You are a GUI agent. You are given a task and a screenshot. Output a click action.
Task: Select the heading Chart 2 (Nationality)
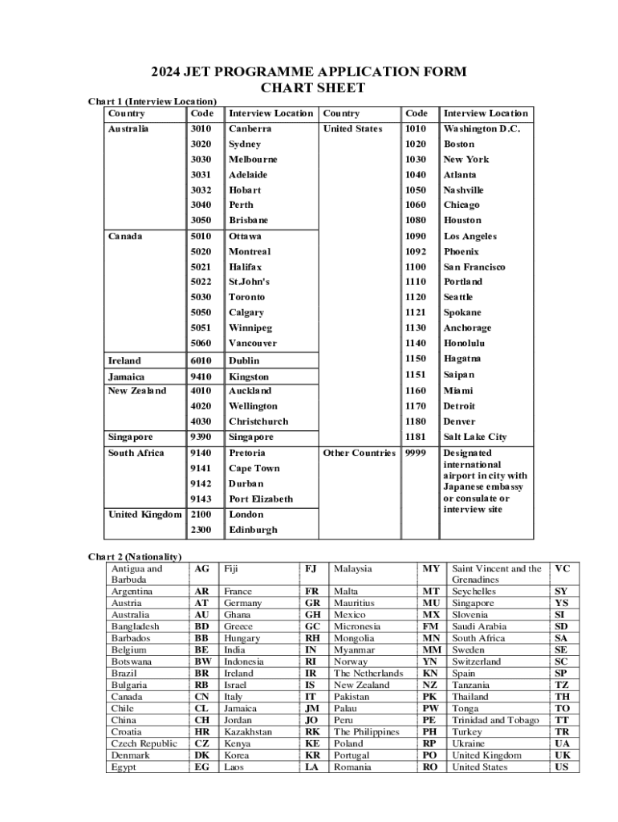coord(135,556)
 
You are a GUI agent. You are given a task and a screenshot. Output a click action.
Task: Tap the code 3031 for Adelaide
coord(201,174)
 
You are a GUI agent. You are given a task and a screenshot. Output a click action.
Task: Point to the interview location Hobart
coord(245,190)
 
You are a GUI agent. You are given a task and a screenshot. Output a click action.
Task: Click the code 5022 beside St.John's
coord(201,282)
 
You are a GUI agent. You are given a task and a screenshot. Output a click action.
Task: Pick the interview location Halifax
coord(246,267)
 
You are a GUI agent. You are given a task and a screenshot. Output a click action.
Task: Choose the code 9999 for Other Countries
coord(416,453)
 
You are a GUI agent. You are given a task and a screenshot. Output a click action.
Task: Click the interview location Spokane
coord(463,312)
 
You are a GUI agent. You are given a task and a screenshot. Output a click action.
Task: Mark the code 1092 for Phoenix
coord(416,251)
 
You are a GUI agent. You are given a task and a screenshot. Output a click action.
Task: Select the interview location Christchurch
coord(258,421)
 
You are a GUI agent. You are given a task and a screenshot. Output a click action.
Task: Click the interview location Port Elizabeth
coord(261,498)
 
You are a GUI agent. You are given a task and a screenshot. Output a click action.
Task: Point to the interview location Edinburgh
coord(253,530)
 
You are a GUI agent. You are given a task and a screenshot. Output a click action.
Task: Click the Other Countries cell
coord(359,453)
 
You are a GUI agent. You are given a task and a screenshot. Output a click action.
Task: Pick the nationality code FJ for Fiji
coord(311,568)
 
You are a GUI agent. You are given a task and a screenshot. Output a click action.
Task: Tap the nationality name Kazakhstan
coord(248,732)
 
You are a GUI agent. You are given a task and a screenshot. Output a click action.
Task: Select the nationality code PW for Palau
coord(430,709)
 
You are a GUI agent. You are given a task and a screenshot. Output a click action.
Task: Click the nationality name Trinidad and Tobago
coord(495,720)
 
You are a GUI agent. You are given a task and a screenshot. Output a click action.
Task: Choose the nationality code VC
coord(562,568)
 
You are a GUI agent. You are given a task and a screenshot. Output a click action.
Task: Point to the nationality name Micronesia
coord(358,626)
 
